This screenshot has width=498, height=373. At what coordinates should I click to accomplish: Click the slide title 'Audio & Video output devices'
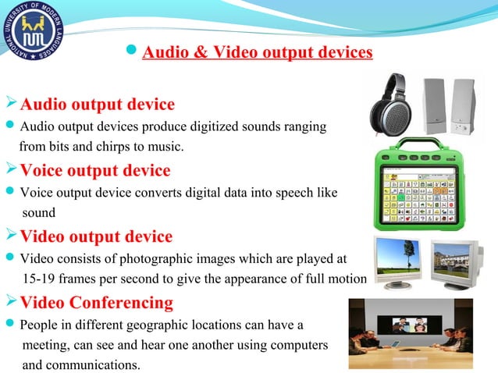258,53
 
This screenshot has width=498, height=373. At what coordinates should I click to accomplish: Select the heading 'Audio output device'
97,105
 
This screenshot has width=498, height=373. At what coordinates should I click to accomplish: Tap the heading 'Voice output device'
94,170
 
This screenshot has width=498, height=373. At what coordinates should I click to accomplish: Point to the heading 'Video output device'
96,236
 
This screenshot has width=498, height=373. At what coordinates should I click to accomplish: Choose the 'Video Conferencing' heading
96,302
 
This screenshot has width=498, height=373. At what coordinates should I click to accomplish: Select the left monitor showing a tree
399,262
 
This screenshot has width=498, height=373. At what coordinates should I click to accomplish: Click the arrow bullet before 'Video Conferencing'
10,302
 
